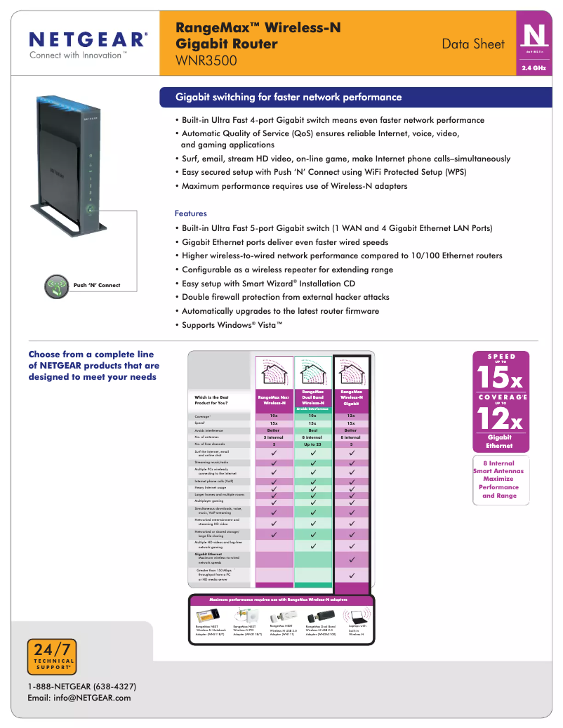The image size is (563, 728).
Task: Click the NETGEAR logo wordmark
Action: [88, 39]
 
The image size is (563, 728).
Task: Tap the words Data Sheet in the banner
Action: [472, 44]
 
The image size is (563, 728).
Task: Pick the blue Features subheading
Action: [190, 213]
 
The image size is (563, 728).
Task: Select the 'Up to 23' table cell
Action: [312, 444]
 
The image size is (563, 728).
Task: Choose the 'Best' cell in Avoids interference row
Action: [312, 430]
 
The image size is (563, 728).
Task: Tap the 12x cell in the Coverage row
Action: [351, 416]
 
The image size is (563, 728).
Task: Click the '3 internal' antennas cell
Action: [274, 437]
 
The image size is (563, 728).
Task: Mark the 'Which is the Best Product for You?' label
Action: [212, 401]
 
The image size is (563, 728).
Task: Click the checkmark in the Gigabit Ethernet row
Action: [351, 560]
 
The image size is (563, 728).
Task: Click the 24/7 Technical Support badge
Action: [51, 657]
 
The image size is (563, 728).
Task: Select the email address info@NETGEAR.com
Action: [79, 698]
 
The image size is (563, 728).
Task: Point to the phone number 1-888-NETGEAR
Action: [82, 686]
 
